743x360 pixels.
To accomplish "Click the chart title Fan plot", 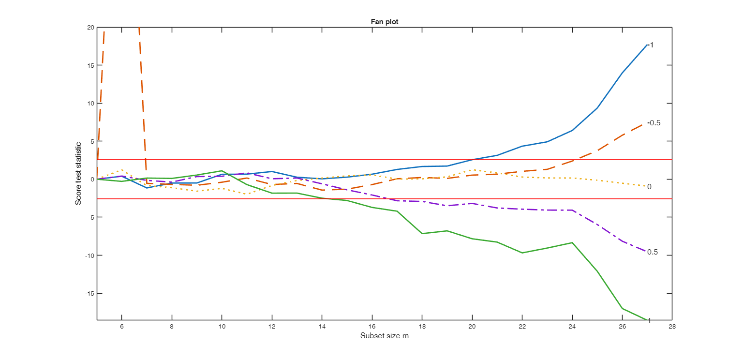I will point(384,22).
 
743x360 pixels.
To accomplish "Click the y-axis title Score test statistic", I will point(78,173).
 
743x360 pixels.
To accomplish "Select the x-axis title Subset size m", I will point(385,336).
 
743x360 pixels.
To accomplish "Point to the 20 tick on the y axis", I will point(91,28).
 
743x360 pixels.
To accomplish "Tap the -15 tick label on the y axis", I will point(89,293).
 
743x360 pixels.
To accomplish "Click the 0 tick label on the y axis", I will point(92,180).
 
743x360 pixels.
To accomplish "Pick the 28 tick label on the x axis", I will point(672,327).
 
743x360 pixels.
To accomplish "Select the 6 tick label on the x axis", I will point(122,327).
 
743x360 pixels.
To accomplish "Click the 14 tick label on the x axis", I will point(322,327).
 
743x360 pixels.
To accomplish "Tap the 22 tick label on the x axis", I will point(522,327).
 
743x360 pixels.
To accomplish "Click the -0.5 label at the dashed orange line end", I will point(654,123).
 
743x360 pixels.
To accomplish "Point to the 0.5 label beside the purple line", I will point(653,252).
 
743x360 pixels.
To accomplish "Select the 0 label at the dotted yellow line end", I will point(649,187).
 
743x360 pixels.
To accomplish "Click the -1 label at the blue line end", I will point(651,45).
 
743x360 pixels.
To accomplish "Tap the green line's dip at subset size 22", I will point(522,253).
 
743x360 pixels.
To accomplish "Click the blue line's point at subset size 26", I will point(622,73).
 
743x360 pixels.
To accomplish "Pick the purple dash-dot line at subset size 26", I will point(622,241).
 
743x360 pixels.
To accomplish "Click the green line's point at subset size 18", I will point(422,234).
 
